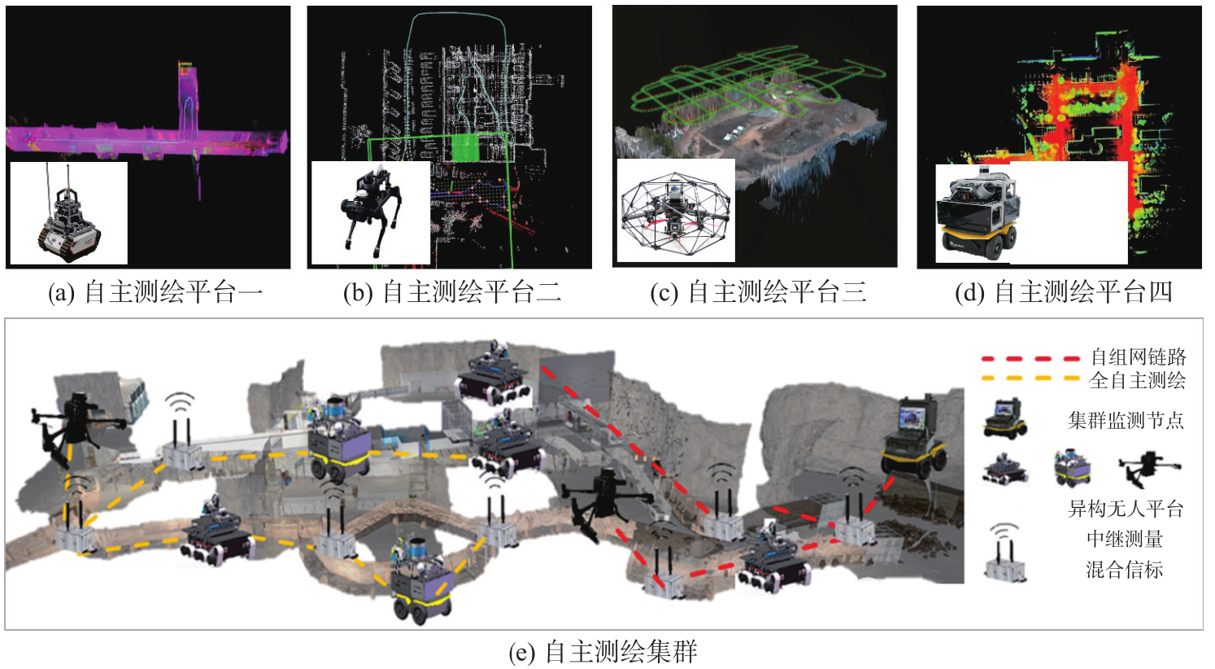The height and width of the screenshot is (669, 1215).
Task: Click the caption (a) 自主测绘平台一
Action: (155, 292)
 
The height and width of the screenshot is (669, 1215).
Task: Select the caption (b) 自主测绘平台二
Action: (453, 292)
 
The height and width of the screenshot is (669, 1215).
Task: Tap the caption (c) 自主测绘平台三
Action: (758, 292)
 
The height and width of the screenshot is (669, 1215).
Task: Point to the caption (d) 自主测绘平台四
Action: (1064, 292)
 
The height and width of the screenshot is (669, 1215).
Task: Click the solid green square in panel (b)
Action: (465, 147)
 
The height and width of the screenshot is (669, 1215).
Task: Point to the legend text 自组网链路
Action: (1138, 356)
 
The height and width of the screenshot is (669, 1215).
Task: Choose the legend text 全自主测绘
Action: (1137, 380)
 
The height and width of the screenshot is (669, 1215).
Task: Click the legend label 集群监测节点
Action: (1126, 420)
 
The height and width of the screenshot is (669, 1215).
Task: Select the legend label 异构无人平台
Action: (1126, 509)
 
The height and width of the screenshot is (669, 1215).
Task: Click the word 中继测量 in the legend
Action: (1125, 539)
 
